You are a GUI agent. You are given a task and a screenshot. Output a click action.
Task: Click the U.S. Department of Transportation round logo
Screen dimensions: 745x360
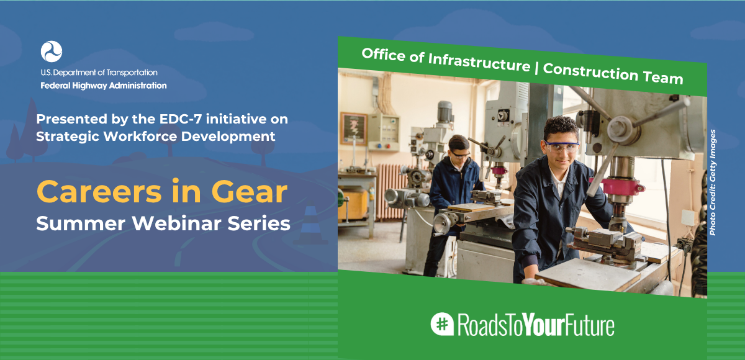coord(51,52)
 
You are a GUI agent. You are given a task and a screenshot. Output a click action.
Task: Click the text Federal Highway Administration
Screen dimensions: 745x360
coord(104,86)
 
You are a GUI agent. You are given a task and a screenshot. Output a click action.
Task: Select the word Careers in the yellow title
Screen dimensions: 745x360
coord(99,192)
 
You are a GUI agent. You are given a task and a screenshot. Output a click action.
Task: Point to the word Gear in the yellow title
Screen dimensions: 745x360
coord(249,192)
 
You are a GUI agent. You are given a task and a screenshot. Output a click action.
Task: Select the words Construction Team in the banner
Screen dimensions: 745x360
coord(613,73)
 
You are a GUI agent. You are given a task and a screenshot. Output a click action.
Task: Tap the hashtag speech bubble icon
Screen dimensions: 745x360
coord(442,324)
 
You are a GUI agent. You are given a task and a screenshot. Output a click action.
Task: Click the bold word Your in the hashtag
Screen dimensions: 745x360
coord(544,325)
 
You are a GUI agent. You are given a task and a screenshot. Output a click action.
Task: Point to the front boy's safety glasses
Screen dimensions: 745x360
coord(562,146)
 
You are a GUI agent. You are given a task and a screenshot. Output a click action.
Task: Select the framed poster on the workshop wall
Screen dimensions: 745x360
coord(353,128)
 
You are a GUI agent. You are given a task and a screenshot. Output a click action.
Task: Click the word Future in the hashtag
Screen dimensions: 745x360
coord(590,325)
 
